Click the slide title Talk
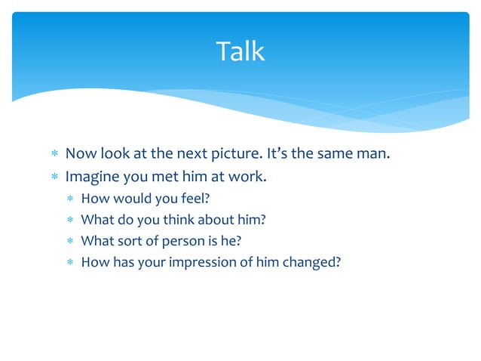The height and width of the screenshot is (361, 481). point(240,51)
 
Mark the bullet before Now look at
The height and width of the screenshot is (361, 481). point(54,156)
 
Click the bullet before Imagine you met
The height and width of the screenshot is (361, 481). point(54,179)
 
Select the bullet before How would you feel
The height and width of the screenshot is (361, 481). point(69,200)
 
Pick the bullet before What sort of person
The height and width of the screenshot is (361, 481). point(69,242)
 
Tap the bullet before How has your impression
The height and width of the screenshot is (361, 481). point(69,264)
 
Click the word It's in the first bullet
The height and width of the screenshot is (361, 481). point(279,155)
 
